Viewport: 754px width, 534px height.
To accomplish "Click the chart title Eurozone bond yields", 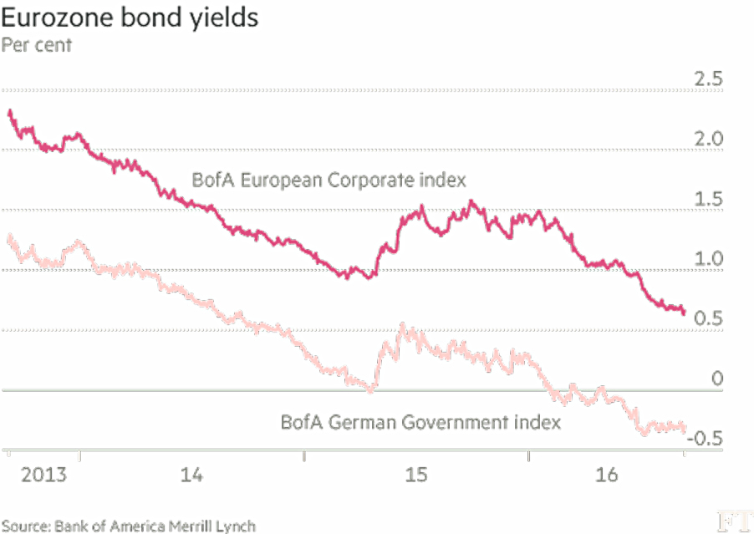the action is [x=130, y=18].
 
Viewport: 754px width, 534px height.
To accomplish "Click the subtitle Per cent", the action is [x=37, y=45].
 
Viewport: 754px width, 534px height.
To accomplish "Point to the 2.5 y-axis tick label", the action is [x=708, y=79].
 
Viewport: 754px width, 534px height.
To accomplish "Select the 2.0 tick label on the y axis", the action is [x=708, y=139].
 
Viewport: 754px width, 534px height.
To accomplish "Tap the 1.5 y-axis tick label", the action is [x=708, y=199].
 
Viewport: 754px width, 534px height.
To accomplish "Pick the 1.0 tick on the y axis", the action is [x=708, y=259].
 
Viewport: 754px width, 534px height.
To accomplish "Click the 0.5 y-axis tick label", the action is [x=708, y=318].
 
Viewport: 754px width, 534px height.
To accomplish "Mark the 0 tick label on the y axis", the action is [x=717, y=379].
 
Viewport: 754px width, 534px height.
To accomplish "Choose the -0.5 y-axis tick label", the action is [x=705, y=439].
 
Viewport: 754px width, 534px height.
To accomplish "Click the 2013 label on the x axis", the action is [x=43, y=475].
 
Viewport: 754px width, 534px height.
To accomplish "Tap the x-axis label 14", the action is [x=191, y=475].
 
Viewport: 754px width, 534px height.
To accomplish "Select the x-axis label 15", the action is [x=416, y=475].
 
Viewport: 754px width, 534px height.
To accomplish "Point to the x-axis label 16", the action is [x=606, y=475].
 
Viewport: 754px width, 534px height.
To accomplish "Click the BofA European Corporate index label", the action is [x=329, y=181].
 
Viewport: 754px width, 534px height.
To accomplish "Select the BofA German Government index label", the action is [x=420, y=423].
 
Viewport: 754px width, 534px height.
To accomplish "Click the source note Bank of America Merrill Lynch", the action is [x=155, y=526].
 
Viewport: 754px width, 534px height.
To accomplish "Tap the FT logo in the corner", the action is [x=735, y=522].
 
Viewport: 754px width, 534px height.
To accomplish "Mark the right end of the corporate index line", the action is [x=684, y=313].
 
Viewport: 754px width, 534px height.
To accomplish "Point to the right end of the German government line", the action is [x=684, y=429].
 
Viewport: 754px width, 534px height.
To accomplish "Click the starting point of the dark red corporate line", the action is [x=9, y=112].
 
